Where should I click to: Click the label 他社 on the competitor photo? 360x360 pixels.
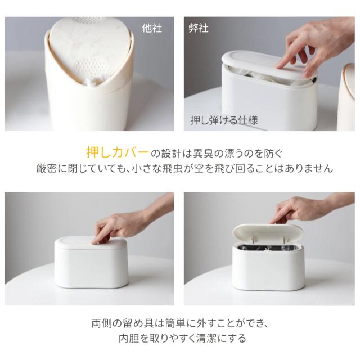(152, 28)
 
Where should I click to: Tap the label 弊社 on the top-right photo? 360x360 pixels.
(199, 28)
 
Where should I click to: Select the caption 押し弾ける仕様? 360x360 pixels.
(224, 120)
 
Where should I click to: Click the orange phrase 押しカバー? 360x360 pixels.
(118, 152)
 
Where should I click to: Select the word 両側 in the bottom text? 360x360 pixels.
(101, 323)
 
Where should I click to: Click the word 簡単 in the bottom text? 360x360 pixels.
(175, 323)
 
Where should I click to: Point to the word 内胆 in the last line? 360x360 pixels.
(129, 338)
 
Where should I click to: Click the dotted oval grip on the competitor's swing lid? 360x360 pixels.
(92, 65)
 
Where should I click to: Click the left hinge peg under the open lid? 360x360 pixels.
(254, 240)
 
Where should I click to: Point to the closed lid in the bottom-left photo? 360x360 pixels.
(91, 244)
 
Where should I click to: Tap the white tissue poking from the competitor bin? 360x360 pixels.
(92, 82)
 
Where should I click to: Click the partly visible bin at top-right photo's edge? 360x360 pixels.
(346, 96)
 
